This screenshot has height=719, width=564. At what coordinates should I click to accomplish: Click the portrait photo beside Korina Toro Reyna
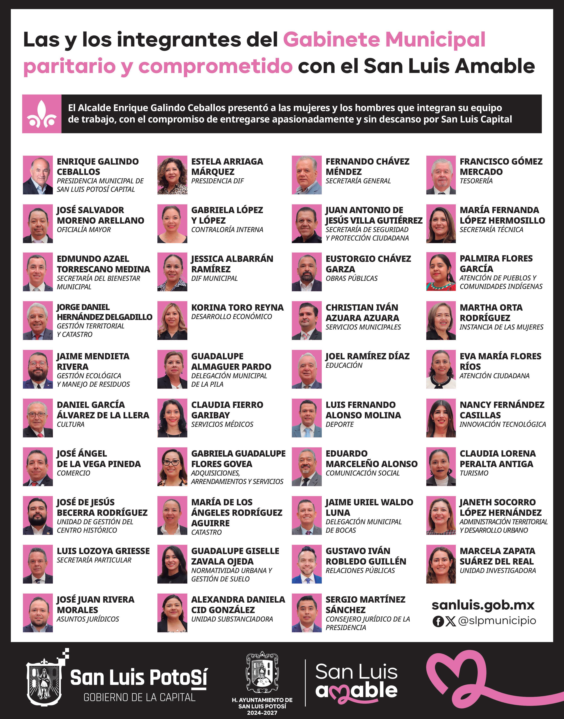(172, 320)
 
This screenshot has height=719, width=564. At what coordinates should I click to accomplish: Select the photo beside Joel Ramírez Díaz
(307, 369)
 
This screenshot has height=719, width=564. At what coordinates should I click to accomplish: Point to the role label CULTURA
(70, 424)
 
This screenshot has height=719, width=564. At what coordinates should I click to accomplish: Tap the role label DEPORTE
(339, 424)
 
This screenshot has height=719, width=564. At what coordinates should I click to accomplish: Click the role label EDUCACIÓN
(344, 365)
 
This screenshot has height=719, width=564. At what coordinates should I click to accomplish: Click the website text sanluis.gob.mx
(483, 605)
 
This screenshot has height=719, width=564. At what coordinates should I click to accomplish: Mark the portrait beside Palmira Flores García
(441, 271)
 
